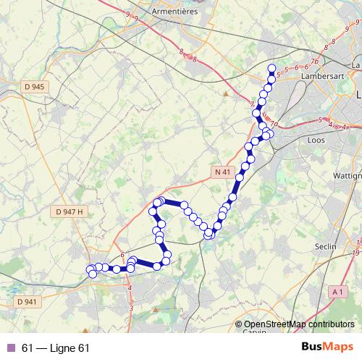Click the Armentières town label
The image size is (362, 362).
click(x=176, y=12)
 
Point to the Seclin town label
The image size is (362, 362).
click(x=327, y=247)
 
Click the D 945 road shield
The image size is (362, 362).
click(x=34, y=87)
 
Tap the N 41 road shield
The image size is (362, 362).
click(x=222, y=172)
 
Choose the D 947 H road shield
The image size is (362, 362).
click(x=70, y=211)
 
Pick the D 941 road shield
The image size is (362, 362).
click(x=25, y=301)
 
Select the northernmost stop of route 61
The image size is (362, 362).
click(x=272, y=69)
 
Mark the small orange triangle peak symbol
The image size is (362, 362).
click(x=226, y=93)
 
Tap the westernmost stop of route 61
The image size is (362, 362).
click(x=90, y=270)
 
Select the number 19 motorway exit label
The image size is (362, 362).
click(x=357, y=253)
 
